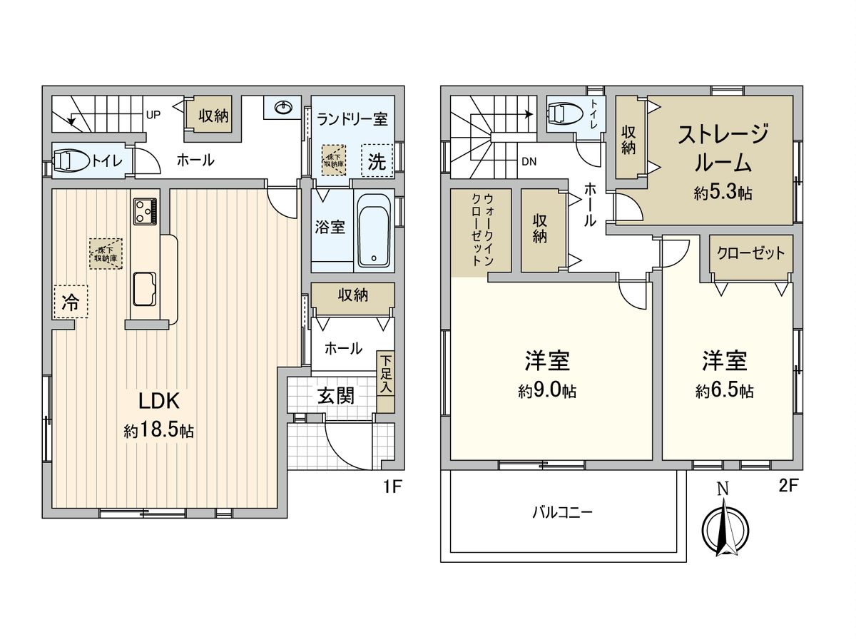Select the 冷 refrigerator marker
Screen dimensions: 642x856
pos(70,301)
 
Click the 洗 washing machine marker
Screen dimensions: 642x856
pos(377,161)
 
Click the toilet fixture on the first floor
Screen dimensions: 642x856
pos(71,160)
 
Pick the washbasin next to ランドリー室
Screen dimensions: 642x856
pos(283,108)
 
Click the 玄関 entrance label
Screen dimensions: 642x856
pos(335,397)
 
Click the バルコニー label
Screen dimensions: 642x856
pos(563,511)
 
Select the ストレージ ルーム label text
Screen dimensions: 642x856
pos(723,148)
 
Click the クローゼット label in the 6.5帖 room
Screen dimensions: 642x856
pos(750,253)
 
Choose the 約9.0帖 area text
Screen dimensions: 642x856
pos(548,391)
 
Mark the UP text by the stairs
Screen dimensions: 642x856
pos(153,114)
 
